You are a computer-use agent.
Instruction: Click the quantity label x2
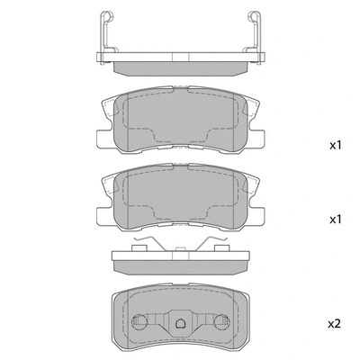pyautogui.click(x=335, y=322)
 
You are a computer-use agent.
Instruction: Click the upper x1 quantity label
pyautogui.click(x=335, y=145)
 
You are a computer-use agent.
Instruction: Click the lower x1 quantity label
pyautogui.click(x=335, y=219)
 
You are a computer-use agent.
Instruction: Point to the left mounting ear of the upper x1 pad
pyautogui.click(x=101, y=136)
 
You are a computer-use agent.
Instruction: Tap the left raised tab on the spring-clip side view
pyautogui.click(x=140, y=244)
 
